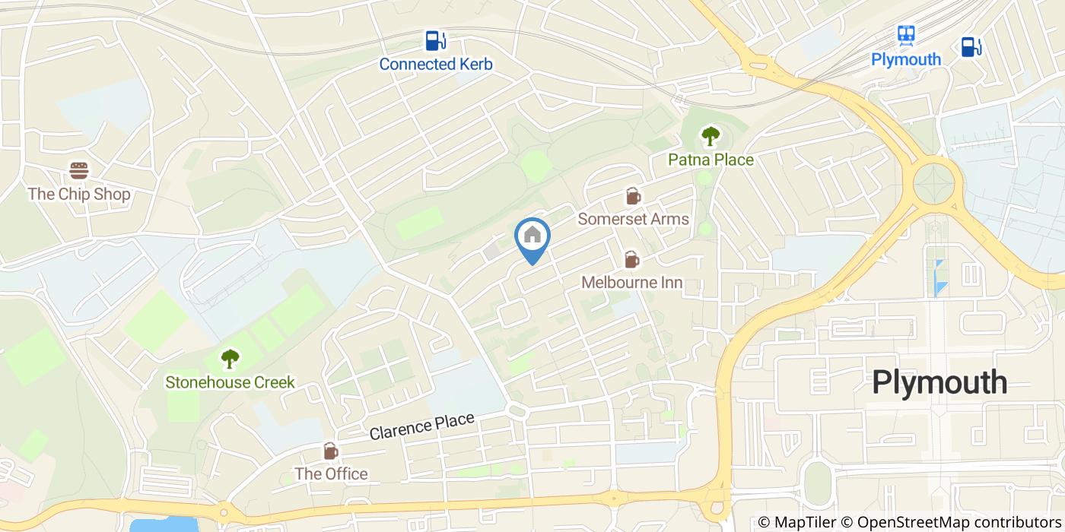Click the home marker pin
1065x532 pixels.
pyautogui.click(x=532, y=237)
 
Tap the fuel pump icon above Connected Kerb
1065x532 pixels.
pyautogui.click(x=435, y=40)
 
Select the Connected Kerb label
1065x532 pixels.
pyautogui.click(x=435, y=64)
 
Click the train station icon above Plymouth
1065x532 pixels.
pyautogui.click(x=905, y=35)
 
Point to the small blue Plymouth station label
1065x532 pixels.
pyautogui.click(x=905, y=59)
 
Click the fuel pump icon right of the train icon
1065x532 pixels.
pyautogui.click(x=970, y=46)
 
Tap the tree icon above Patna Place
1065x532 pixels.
pyautogui.click(x=710, y=137)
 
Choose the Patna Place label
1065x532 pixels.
pyautogui.click(x=710, y=160)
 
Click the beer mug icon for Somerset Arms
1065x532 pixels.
pyautogui.click(x=632, y=196)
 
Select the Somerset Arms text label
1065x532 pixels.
pyautogui.click(x=633, y=219)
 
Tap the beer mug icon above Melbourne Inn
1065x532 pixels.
pyautogui.click(x=631, y=260)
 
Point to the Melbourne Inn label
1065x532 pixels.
pyautogui.click(x=631, y=283)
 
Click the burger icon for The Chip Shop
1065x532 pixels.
pyautogui.click(x=79, y=170)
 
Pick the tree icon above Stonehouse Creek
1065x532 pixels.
pyautogui.click(x=230, y=358)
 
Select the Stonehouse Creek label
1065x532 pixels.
pyautogui.click(x=230, y=382)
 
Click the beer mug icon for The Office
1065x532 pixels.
pyautogui.click(x=331, y=451)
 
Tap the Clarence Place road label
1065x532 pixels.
pyautogui.click(x=421, y=426)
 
